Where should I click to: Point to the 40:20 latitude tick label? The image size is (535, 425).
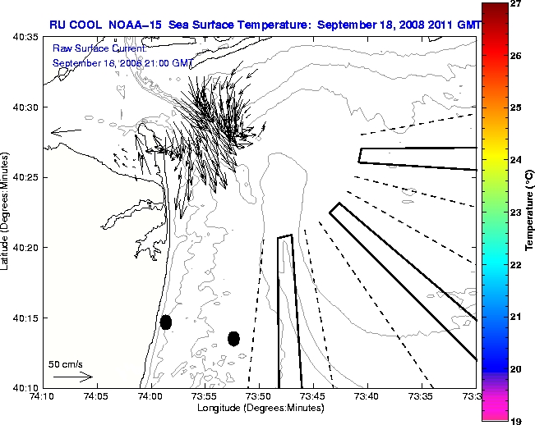point(25,247)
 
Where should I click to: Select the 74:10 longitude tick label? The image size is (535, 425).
point(42,396)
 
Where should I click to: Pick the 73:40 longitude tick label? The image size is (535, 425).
point(367,396)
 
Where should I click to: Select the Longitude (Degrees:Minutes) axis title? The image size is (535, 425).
point(259,408)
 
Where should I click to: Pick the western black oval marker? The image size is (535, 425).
point(166,322)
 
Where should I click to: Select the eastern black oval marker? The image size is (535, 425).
point(233,338)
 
